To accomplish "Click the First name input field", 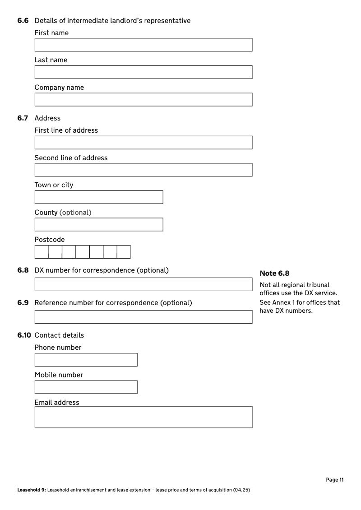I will coord(143,45).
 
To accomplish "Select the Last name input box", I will coord(143,72).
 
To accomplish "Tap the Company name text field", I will coord(143,100).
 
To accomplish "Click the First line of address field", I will coord(143,143).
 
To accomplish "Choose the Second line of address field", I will coord(143,170).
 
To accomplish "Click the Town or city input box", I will coord(99,197).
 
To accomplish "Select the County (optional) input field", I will coord(99,225).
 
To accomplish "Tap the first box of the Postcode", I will coord(42,252).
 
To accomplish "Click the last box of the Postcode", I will coord(124,252).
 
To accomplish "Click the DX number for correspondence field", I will coord(143,284).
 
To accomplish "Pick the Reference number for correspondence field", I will coord(143,317).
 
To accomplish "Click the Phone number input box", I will coord(86,360).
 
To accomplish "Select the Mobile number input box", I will coord(86,387).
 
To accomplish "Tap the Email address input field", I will coord(143,417).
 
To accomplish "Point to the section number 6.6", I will coord(23,21).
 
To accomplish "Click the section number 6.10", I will coord(24,335).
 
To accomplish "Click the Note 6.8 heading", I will coord(274,274).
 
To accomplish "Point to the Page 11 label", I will coord(334,480).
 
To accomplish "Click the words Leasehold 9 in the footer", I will coord(31,490).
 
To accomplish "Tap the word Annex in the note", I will coord(282,302).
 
